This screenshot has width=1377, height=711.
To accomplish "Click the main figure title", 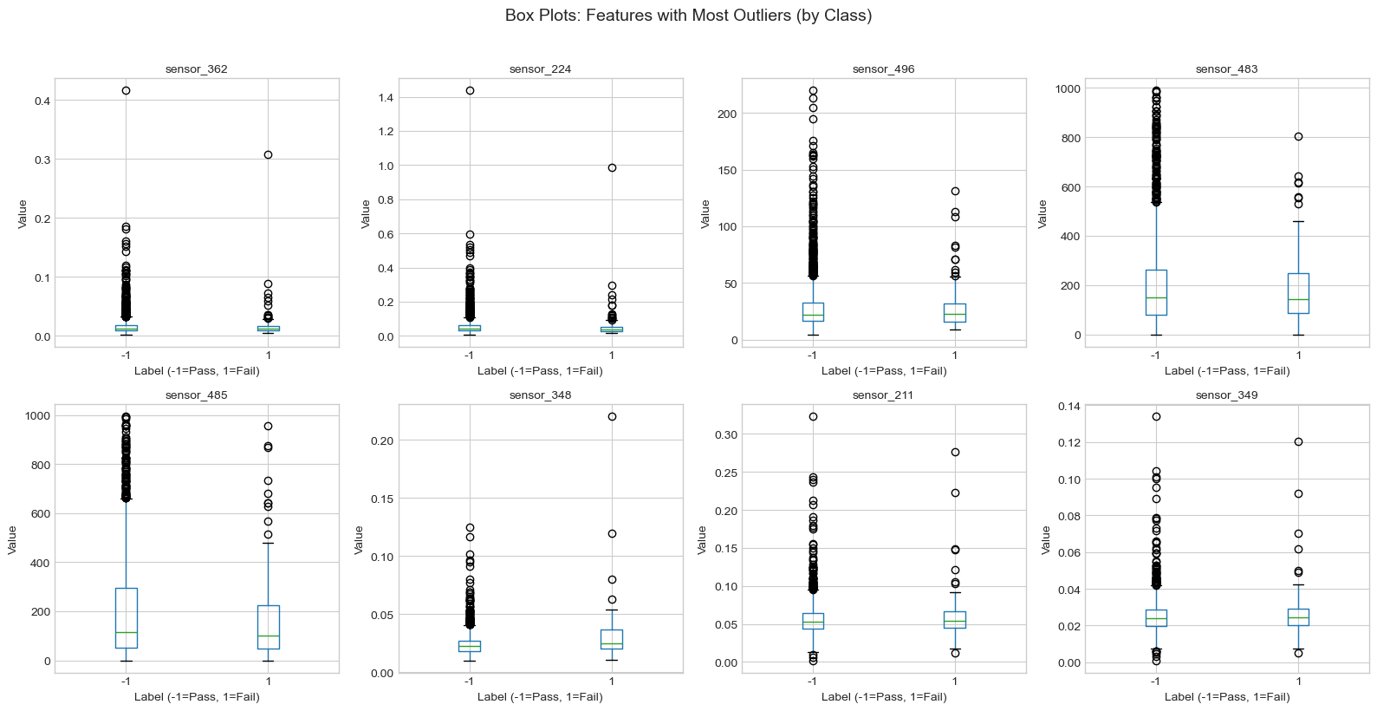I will [x=688, y=16].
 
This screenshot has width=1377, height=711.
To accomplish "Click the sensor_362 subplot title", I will [x=197, y=69].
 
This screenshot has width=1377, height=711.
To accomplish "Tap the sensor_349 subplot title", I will [x=1226, y=395].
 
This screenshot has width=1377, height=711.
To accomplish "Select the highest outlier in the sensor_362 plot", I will [x=126, y=90].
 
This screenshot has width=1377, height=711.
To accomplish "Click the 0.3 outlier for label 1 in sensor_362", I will [x=269, y=154].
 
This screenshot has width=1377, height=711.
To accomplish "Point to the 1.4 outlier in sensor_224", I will [x=470, y=90].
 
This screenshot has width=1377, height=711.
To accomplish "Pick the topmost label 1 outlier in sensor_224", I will [x=612, y=167].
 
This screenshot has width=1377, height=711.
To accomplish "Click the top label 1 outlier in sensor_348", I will [x=612, y=416].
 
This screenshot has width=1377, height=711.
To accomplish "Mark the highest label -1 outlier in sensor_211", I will [x=813, y=416].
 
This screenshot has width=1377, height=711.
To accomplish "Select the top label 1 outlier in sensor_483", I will [x=1298, y=136].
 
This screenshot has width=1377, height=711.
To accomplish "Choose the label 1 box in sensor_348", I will [x=612, y=639].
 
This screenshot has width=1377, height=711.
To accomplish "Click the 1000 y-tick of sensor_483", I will [x=1066, y=88].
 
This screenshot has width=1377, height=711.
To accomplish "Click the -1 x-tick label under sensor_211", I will [x=812, y=682].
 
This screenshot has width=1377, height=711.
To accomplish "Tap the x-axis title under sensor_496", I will [x=883, y=371].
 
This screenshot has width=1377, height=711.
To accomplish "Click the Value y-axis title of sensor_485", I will [x=12, y=539].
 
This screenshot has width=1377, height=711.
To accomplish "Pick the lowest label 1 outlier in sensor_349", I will [x=1298, y=653].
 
